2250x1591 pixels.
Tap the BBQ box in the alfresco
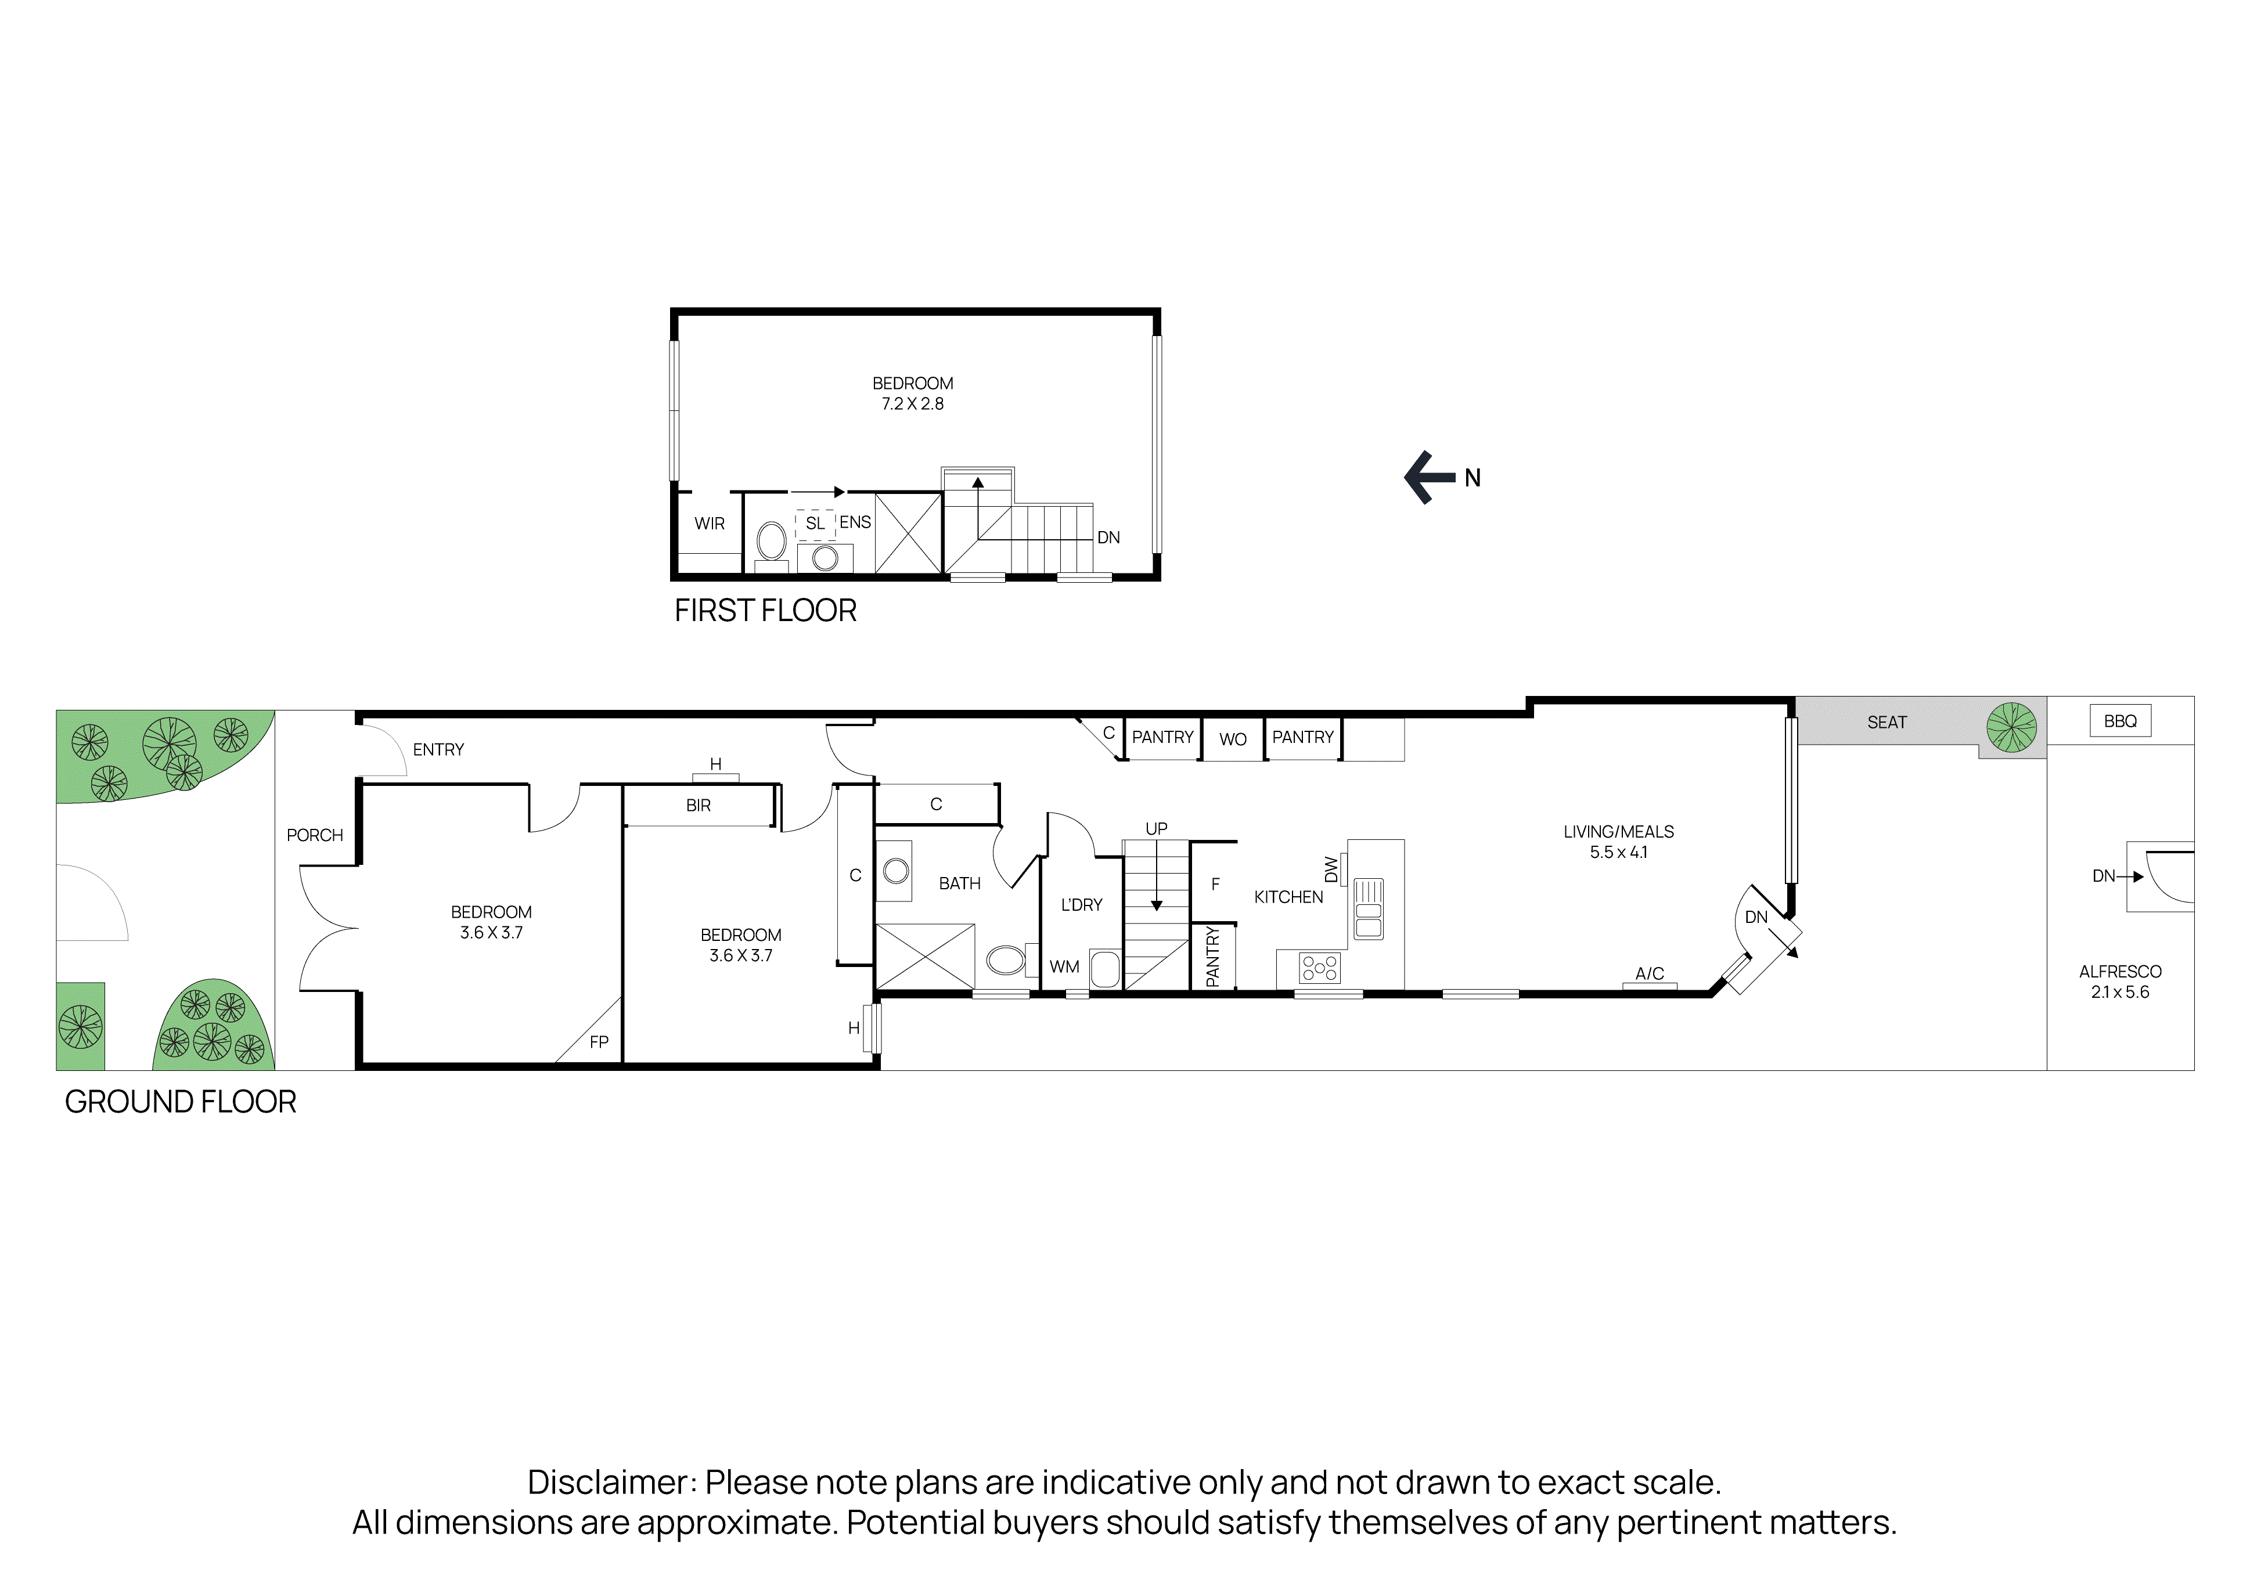coord(2120,721)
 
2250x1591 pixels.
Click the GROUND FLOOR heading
coord(181,1102)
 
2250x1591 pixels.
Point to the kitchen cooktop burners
coord(1319,969)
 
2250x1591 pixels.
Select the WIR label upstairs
coord(710,524)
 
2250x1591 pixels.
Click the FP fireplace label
coord(599,1042)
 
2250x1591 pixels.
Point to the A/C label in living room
coord(1649,974)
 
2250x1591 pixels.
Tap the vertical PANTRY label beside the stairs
coord(1212,957)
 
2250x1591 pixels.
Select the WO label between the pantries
coord(1233,739)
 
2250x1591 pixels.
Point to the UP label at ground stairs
coord(1157,829)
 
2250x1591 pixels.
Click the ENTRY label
coord(438,749)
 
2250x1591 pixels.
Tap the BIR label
coord(698,805)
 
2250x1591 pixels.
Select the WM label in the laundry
coord(1064,967)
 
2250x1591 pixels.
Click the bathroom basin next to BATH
coord(896,870)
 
